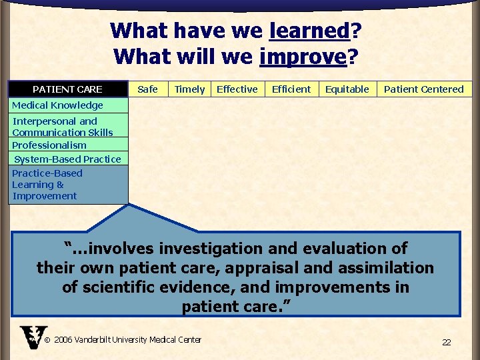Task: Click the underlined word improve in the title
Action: tap(303, 57)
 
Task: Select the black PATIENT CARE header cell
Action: tap(68, 89)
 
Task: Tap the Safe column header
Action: tap(147, 89)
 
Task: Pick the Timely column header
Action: tap(189, 89)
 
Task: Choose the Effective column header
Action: tap(237, 89)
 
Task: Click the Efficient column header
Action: tap(291, 89)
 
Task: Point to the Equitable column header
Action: tap(347, 89)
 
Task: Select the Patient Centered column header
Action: tap(423, 89)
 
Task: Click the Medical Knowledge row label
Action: tap(58, 105)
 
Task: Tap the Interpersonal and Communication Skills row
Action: tap(63, 127)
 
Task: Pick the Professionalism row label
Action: tap(49, 145)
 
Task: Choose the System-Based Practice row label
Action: tap(67, 159)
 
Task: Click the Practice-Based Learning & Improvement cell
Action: tap(67, 185)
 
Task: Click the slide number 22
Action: tap(446, 342)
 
